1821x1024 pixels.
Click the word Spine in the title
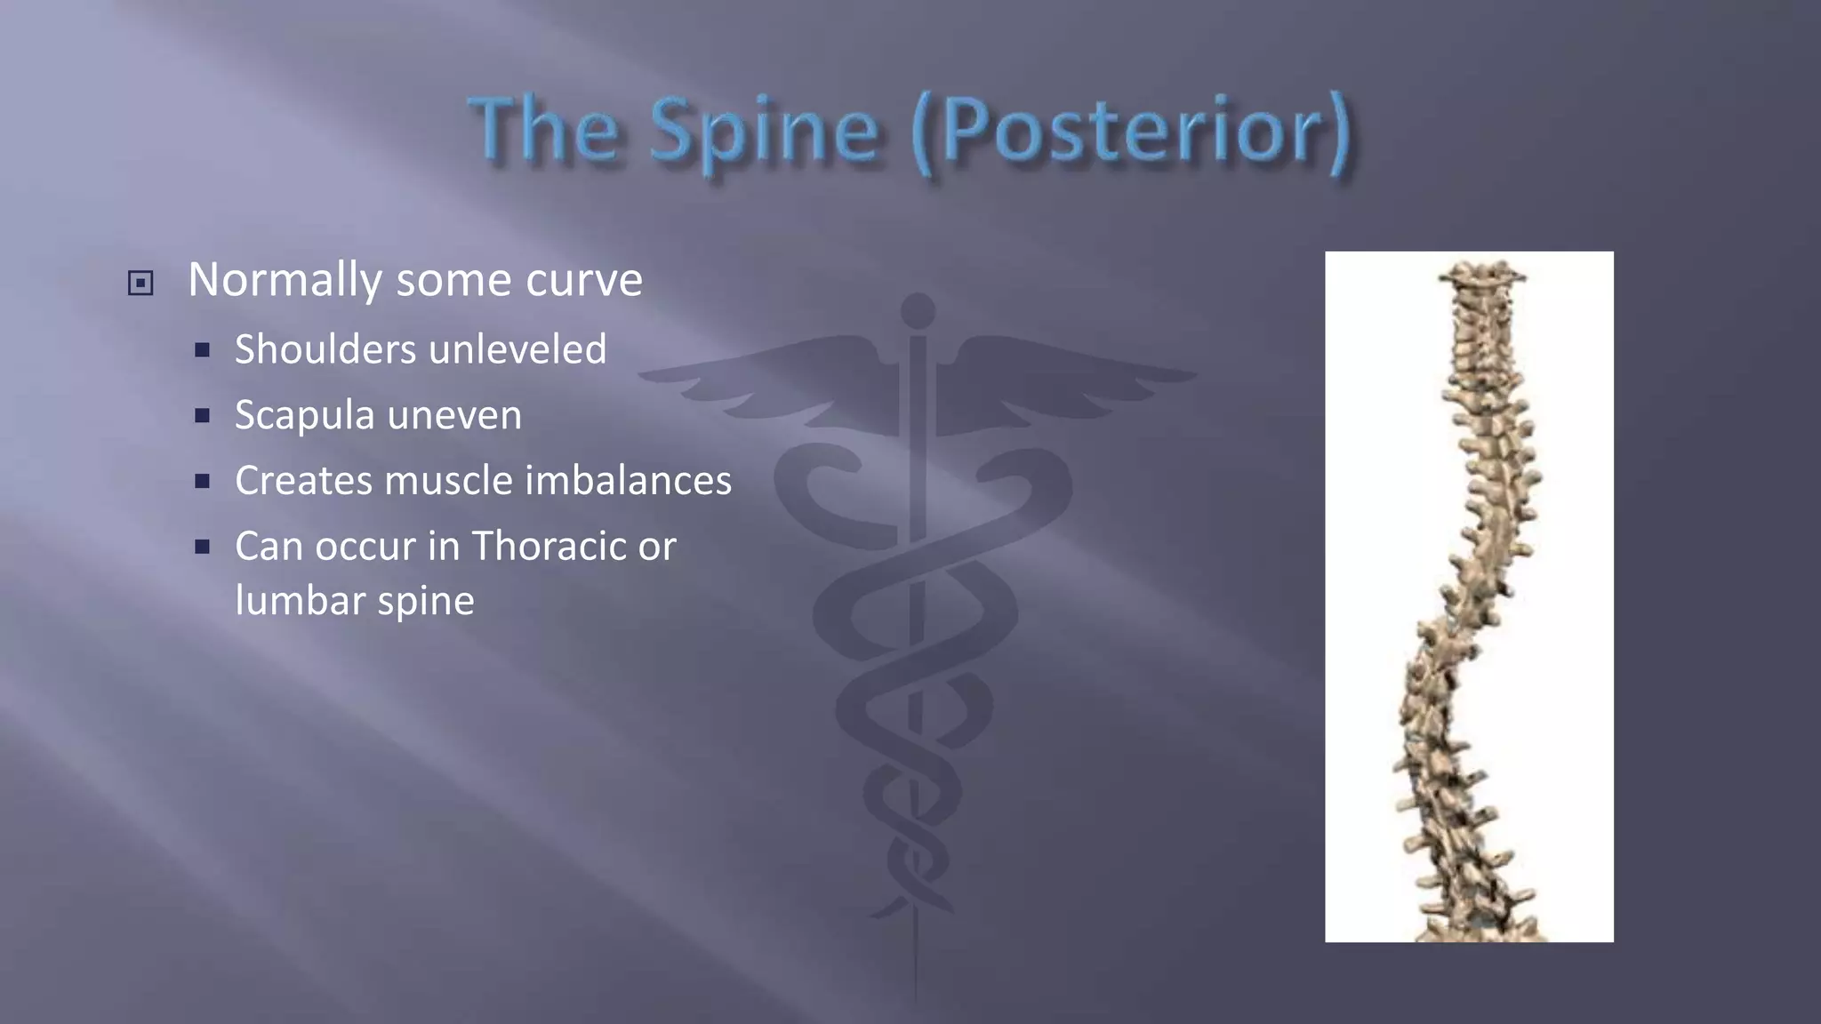pos(765,133)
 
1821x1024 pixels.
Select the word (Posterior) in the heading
pos(1131,133)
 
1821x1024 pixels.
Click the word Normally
pos(285,281)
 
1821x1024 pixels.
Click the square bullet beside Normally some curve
pos(140,284)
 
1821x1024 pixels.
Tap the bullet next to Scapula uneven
pos(203,416)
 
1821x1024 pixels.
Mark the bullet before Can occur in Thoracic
pos(203,547)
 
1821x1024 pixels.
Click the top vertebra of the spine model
pos(1481,276)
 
